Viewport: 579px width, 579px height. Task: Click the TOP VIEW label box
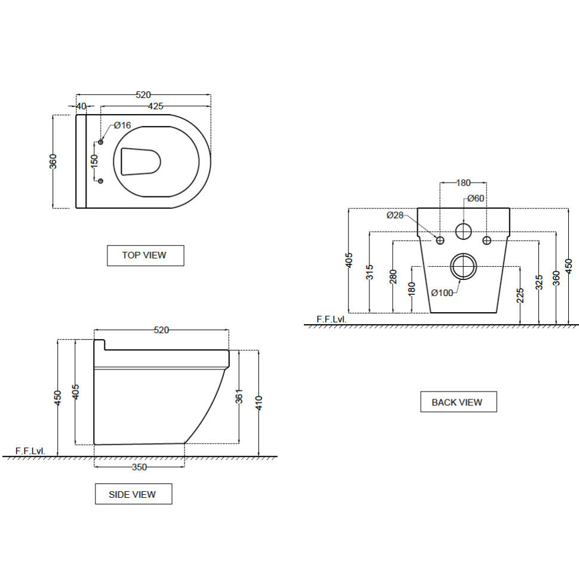(145, 255)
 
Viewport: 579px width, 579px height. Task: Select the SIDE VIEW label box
(133, 494)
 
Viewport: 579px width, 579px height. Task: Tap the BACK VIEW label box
(458, 402)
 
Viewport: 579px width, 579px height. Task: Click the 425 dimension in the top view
(155, 106)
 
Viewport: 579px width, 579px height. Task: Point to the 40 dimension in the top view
(82, 106)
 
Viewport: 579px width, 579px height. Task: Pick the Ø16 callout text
(122, 125)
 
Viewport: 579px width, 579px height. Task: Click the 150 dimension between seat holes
(94, 162)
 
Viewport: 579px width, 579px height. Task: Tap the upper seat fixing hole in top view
(100, 141)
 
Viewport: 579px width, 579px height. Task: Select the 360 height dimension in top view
(53, 162)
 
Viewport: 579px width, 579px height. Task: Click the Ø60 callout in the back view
(475, 198)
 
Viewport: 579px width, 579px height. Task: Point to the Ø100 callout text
(442, 292)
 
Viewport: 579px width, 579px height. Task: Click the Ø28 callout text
(395, 215)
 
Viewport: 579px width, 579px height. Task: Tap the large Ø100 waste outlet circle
(463, 266)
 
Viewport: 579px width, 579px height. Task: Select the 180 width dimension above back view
(463, 183)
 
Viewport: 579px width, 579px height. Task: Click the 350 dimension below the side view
(139, 467)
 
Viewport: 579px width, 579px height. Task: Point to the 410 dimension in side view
(258, 403)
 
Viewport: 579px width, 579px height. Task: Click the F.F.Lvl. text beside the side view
(30, 451)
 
